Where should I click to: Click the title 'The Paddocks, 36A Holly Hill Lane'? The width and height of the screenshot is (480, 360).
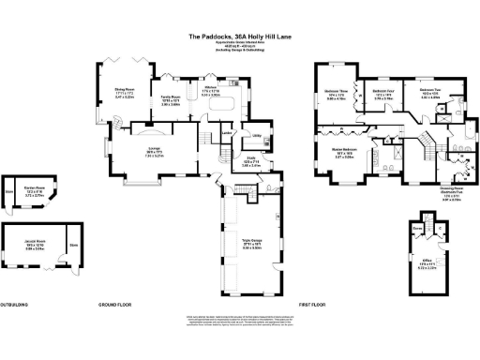[x=239, y=37]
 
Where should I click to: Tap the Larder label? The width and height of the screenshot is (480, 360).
[x=226, y=132]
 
